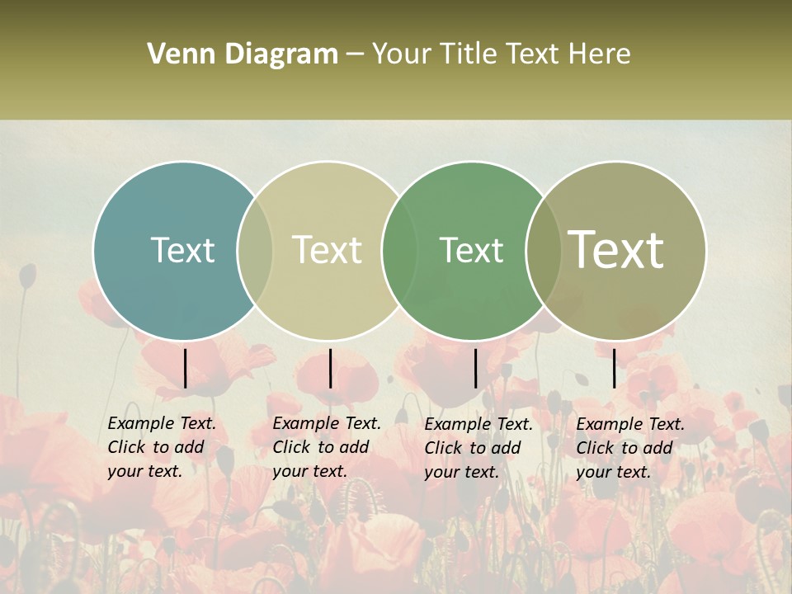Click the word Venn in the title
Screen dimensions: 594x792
click(x=177, y=54)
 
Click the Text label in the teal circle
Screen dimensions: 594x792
click(x=182, y=250)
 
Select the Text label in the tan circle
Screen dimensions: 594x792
click(x=327, y=250)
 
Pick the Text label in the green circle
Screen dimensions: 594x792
click(x=471, y=250)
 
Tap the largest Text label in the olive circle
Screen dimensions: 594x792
click(x=616, y=249)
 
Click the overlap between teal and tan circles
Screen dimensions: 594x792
click(x=255, y=251)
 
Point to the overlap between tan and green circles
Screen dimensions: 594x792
click(x=399, y=251)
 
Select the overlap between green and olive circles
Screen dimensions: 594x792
click(x=543, y=251)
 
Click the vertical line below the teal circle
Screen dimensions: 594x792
click(x=185, y=368)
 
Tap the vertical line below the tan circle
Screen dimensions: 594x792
click(x=330, y=368)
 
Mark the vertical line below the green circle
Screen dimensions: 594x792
click(x=475, y=368)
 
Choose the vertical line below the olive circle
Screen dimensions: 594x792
click(x=614, y=368)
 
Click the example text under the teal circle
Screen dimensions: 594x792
click(x=161, y=447)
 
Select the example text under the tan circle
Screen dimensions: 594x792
click(x=326, y=447)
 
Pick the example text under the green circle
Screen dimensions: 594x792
click(x=478, y=448)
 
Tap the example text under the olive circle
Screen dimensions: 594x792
click(x=629, y=448)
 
